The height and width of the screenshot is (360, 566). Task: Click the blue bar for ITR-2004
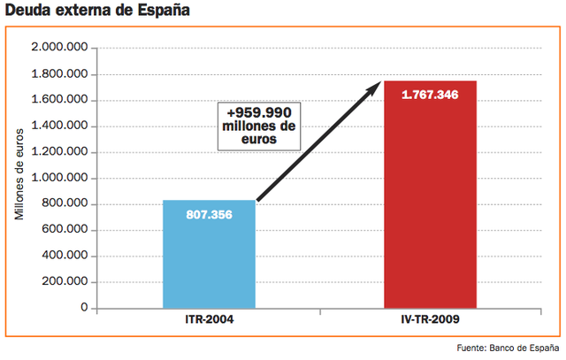[x=209, y=261]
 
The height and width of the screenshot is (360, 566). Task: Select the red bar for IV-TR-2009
[x=430, y=203]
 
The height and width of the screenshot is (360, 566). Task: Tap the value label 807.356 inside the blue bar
[x=209, y=215]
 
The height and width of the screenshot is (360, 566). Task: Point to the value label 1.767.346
[x=430, y=95]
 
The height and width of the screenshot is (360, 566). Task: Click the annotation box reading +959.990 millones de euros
[x=264, y=126]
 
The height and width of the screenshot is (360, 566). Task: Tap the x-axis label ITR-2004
[x=209, y=318]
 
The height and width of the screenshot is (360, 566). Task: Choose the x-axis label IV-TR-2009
[x=430, y=318]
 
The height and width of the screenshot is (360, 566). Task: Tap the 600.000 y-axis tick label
[x=67, y=231]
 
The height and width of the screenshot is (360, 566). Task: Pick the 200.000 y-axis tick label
[x=67, y=283]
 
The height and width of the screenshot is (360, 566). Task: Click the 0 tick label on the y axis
[x=83, y=309]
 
